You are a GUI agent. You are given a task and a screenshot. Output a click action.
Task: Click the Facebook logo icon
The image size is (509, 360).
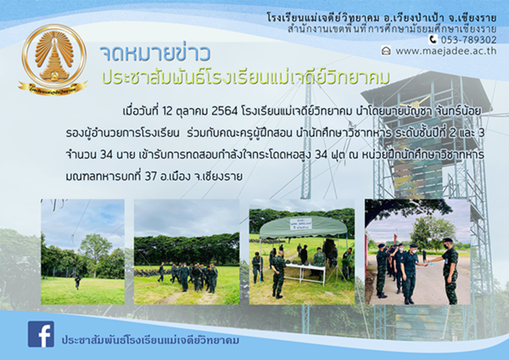tap(41, 334)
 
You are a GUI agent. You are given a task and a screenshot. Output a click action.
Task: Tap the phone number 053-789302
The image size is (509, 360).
tap(468, 40)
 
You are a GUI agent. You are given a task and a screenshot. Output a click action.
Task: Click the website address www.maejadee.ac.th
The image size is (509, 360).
tap(445, 51)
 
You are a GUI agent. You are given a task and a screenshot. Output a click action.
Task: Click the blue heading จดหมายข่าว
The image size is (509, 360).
tap(155, 54)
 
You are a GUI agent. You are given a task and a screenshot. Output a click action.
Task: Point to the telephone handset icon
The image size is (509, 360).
tap(433, 40)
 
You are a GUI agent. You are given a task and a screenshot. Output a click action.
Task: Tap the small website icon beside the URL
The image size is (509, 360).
tap(386, 51)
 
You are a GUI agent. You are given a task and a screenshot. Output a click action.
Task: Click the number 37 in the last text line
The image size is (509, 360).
tap(151, 177)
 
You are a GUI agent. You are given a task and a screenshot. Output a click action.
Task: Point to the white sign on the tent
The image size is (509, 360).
tap(300, 223)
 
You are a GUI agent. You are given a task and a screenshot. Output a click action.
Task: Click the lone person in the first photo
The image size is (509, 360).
tap(77, 281)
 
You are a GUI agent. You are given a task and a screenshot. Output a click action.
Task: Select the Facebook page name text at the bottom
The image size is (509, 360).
tap(150, 340)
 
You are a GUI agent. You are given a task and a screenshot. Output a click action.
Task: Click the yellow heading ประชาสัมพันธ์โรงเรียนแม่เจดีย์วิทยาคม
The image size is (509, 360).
tap(246, 77)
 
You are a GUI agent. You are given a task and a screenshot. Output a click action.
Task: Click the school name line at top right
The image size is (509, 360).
tap(382, 18)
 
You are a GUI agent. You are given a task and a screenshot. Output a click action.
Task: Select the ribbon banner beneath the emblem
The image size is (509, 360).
tap(53, 88)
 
